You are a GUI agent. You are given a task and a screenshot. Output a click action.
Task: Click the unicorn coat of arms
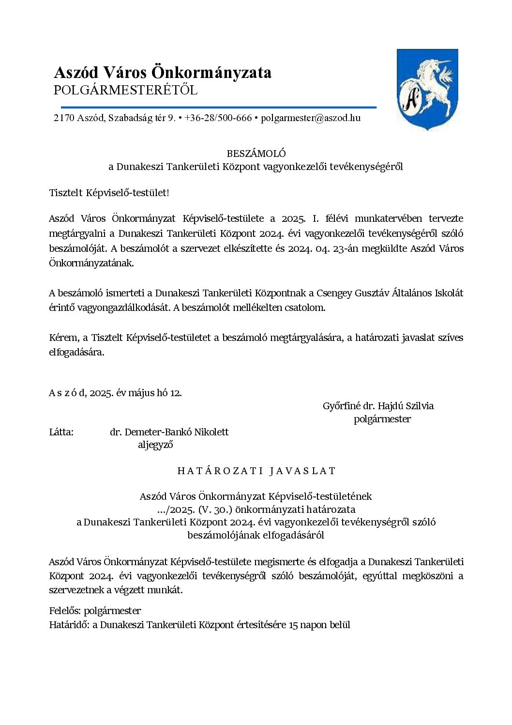pos(427,90)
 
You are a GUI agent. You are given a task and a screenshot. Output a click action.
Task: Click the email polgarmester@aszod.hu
pos(310,118)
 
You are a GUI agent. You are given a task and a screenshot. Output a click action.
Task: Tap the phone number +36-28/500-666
pos(218,118)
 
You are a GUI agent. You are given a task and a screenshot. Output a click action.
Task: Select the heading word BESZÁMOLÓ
pos(256,154)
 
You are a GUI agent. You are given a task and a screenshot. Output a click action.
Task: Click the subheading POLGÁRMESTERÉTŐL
pos(126,91)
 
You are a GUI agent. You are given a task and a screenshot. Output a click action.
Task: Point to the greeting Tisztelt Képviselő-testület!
pos(109,193)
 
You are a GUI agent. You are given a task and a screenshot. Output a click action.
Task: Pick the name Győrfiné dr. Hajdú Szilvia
pos(378,406)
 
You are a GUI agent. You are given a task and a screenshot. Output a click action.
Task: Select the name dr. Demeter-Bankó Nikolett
pos(169,432)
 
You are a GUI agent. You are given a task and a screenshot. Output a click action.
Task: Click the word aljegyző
pos(155,445)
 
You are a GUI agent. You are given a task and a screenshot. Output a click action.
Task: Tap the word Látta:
pos(61,432)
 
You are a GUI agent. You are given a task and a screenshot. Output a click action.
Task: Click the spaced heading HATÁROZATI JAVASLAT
pos(256,471)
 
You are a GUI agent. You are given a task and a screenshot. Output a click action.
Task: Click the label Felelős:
pos(65,611)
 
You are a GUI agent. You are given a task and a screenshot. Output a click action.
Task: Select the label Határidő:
pos(69,625)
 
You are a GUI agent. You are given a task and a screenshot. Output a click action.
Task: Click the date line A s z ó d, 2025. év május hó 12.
pos(115,393)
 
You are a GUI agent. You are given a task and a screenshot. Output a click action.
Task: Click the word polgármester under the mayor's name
pos(382,419)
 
